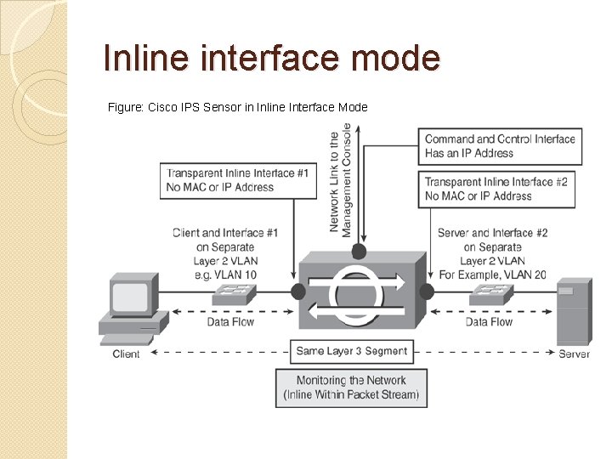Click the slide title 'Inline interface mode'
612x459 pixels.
click(x=271, y=59)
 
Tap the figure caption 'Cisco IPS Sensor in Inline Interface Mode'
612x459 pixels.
click(x=238, y=107)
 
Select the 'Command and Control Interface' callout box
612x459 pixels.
click(x=500, y=146)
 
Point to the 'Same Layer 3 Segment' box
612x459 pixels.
click(x=351, y=351)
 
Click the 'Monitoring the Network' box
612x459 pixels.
click(x=351, y=388)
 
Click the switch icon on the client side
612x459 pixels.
click(x=234, y=293)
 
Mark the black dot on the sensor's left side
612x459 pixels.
click(x=297, y=292)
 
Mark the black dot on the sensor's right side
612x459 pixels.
click(x=426, y=292)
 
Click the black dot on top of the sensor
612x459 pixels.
click(x=360, y=252)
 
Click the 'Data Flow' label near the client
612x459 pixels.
click(x=230, y=322)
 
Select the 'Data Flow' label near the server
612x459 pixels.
click(x=489, y=322)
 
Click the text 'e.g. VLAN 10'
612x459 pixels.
click(x=225, y=275)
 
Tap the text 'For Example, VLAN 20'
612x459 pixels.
click(x=492, y=275)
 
